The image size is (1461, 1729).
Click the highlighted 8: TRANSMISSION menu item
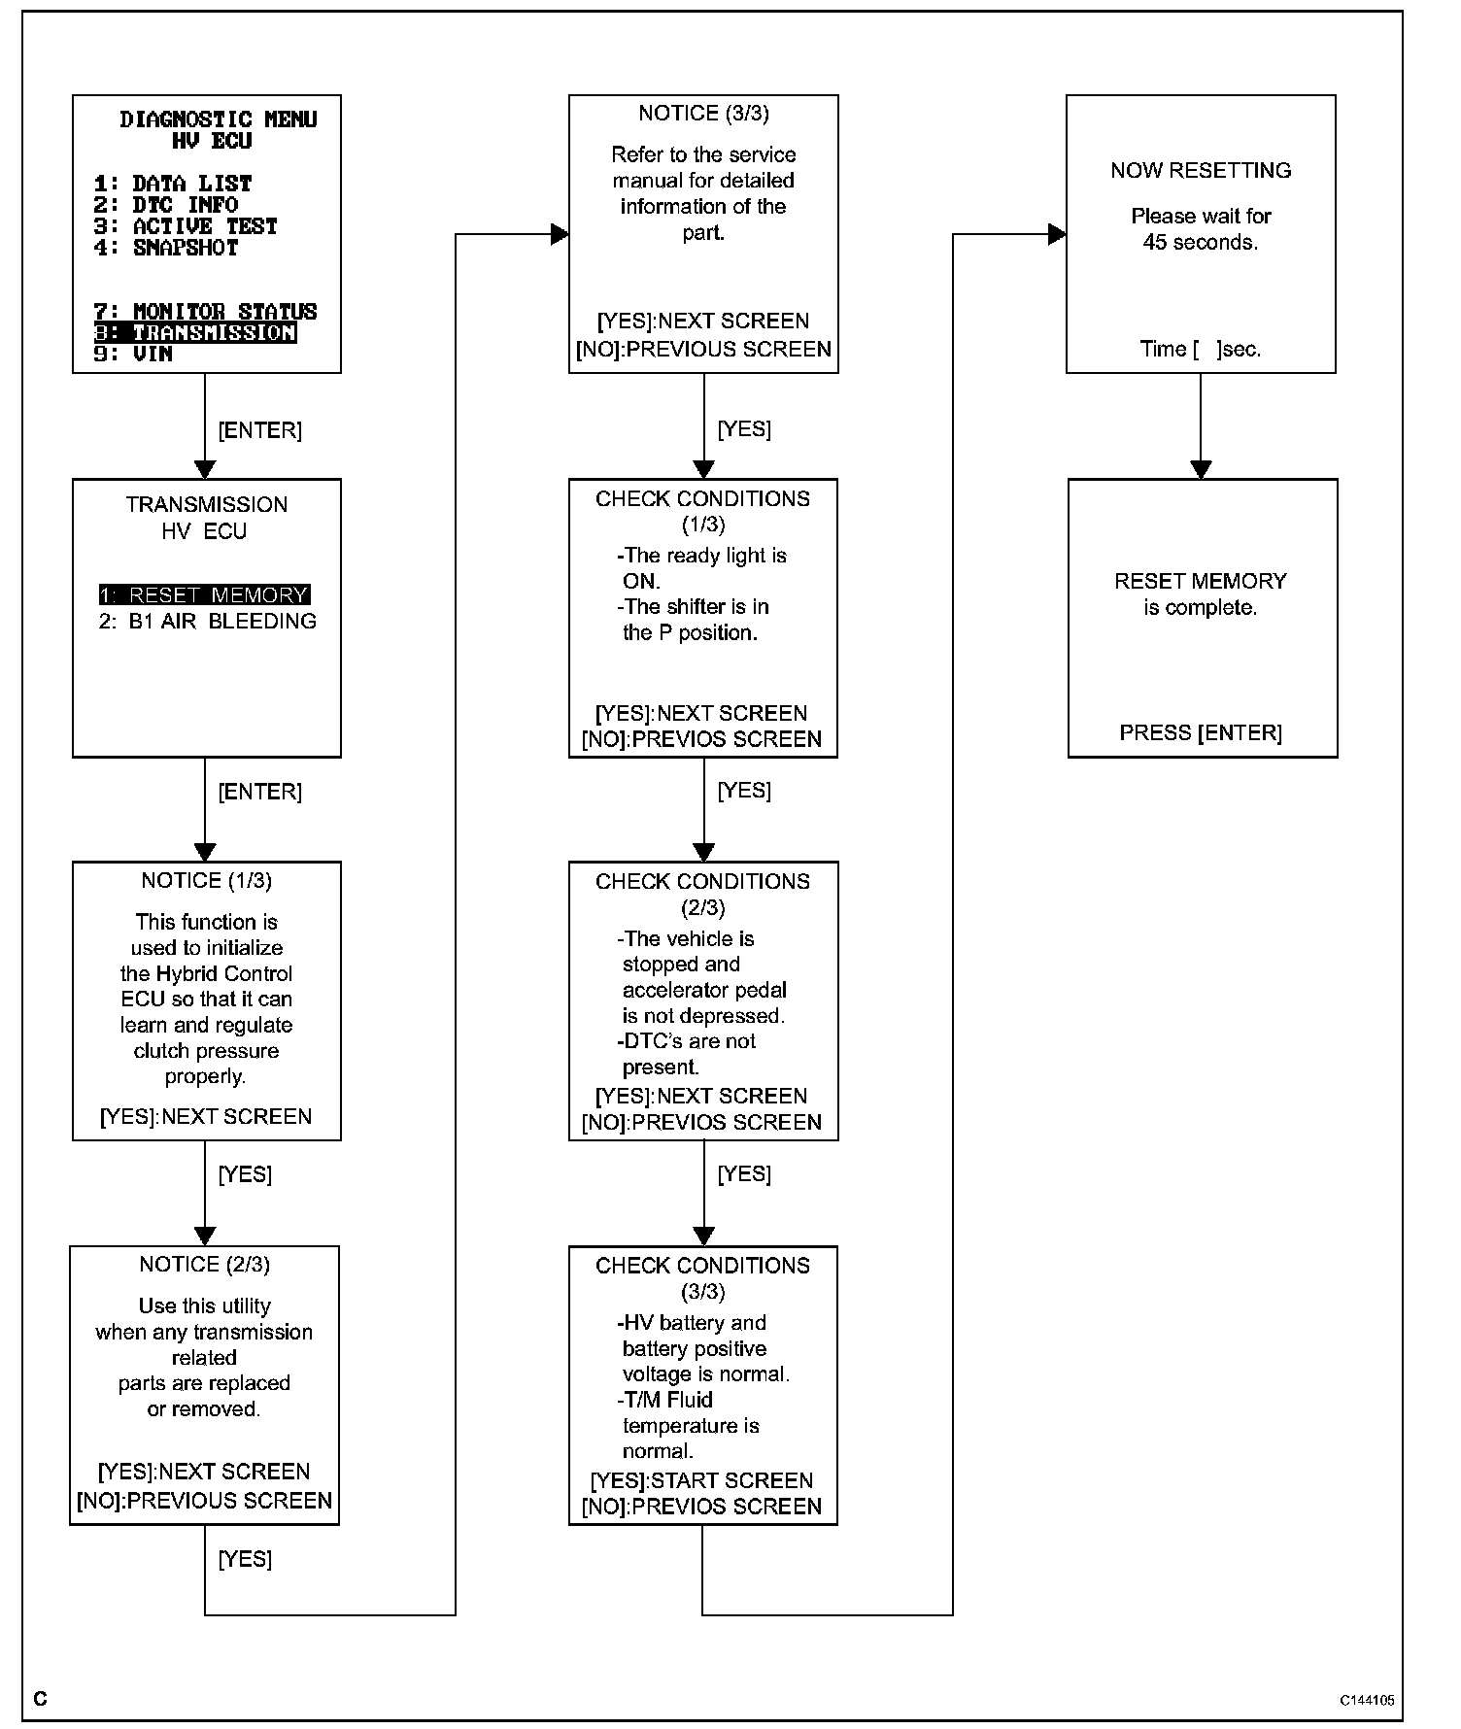pyautogui.click(x=195, y=333)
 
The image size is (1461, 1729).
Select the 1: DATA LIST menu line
pyautogui.click(x=173, y=184)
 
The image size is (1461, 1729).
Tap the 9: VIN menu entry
pyautogui.click(x=133, y=354)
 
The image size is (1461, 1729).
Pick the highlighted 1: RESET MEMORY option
pyautogui.click(x=204, y=594)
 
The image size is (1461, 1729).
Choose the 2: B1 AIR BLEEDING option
pyautogui.click(x=208, y=622)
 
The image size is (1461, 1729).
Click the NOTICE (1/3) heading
pyautogui.click(x=206, y=881)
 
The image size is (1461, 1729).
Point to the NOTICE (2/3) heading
pyautogui.click(x=204, y=1265)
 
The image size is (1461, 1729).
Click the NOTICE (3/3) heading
pyautogui.click(x=703, y=114)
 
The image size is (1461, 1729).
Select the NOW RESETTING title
pyautogui.click(x=1201, y=171)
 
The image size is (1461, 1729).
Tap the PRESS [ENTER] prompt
pyautogui.click(x=1201, y=733)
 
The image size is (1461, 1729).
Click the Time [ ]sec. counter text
pyautogui.click(x=1201, y=350)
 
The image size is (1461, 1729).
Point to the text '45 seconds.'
pyautogui.click(x=1201, y=243)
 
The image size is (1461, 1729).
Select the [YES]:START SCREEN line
pyautogui.click(x=701, y=1481)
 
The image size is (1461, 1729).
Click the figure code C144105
pyautogui.click(x=1367, y=1701)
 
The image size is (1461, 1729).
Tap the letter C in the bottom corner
pyautogui.click(x=40, y=1699)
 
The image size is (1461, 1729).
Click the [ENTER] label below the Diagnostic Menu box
pyautogui.click(x=259, y=430)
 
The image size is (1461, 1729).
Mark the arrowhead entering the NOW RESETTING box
pyautogui.click(x=1058, y=234)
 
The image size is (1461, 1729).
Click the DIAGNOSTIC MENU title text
pyautogui.click(x=219, y=119)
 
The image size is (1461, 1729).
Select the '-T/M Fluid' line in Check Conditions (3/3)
pyautogui.click(x=665, y=1401)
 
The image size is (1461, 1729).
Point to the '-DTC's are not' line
pyautogui.click(x=687, y=1041)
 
